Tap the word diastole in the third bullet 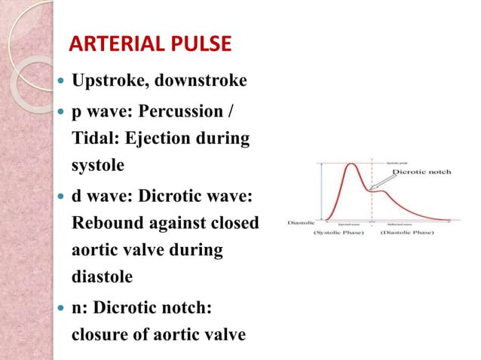[102, 276]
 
